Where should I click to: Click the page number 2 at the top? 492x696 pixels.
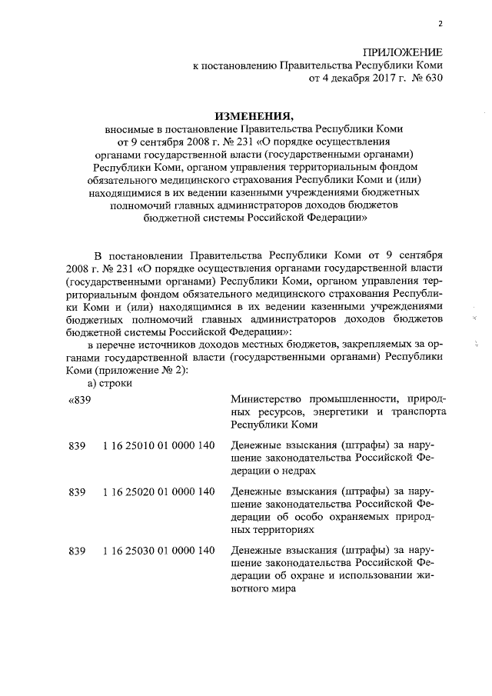tap(440, 25)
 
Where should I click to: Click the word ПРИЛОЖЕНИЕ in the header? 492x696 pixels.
tap(404, 52)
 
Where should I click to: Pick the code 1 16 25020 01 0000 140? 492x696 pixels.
tap(158, 490)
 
